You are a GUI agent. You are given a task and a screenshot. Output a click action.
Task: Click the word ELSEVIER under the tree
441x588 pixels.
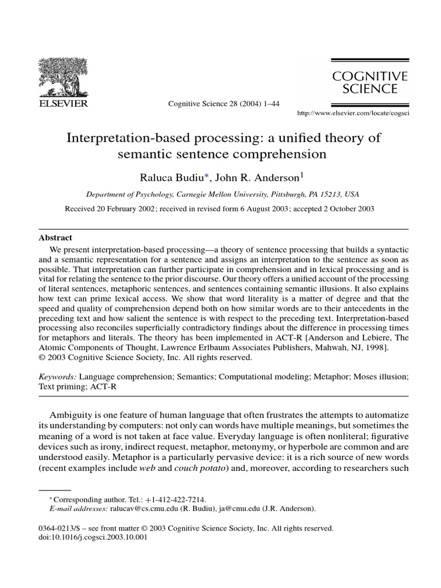coord(63,103)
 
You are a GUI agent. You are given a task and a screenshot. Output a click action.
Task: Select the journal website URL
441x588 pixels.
coord(352,114)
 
